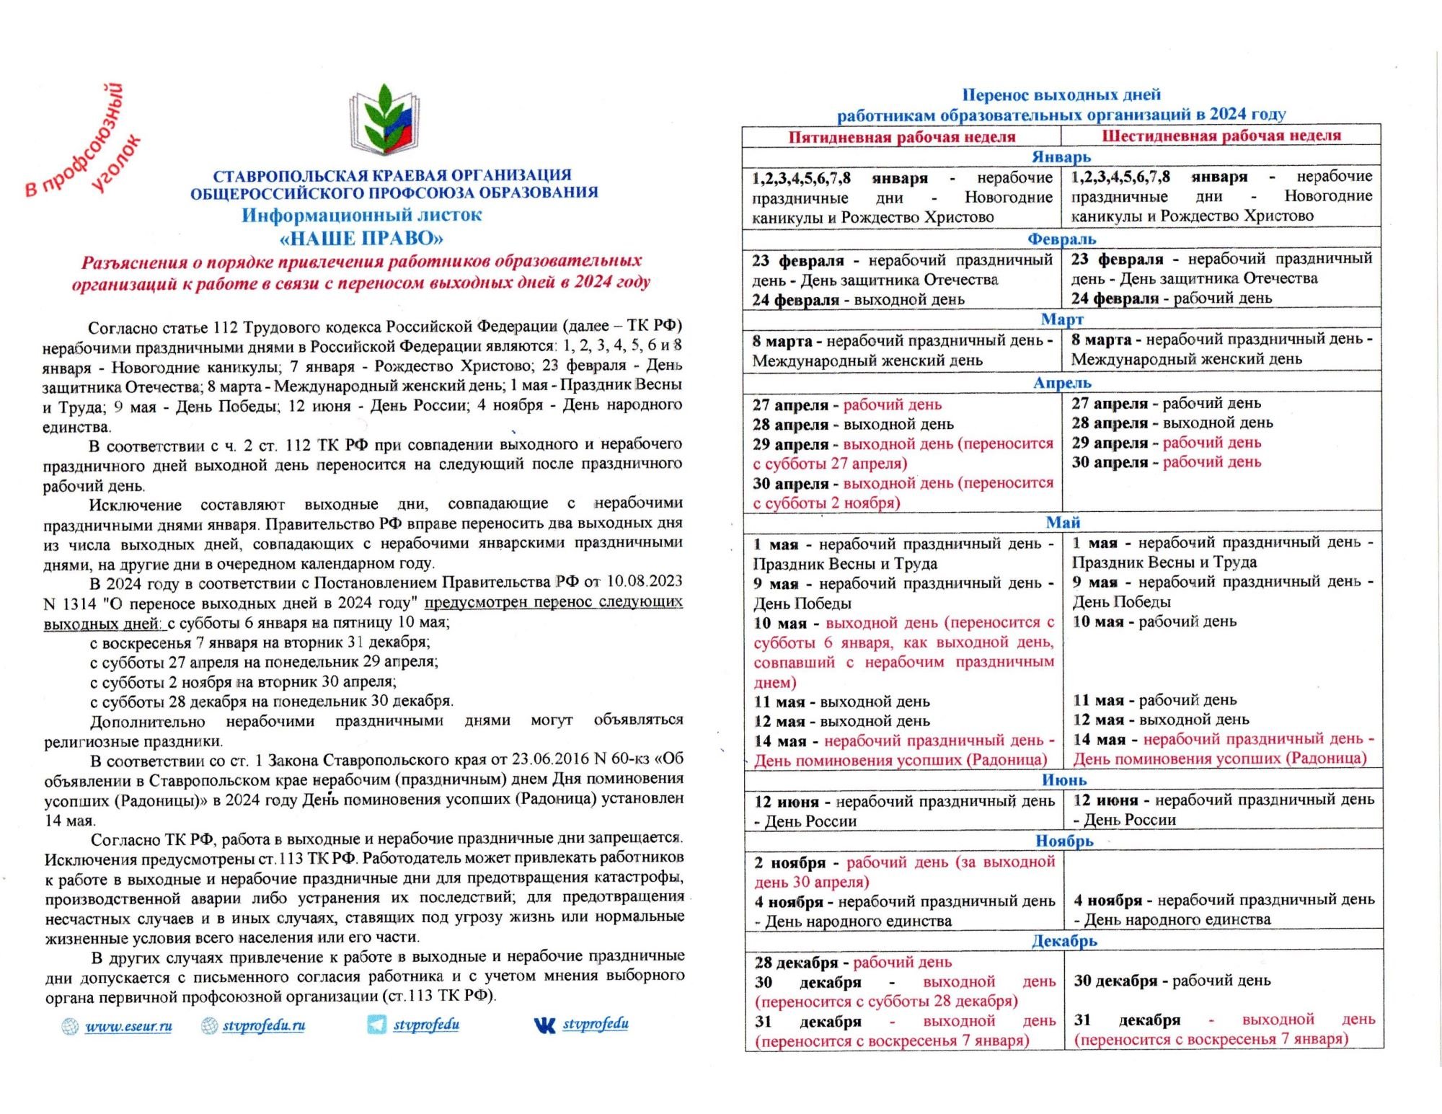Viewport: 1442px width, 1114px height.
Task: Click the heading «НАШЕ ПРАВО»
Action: (x=361, y=239)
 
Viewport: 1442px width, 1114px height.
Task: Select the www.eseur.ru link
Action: (x=128, y=1026)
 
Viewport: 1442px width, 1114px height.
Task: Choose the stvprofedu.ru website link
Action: (x=263, y=1026)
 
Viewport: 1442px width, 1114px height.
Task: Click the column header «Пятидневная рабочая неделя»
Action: (x=901, y=137)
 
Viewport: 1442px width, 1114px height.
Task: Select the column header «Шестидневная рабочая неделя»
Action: (x=1221, y=136)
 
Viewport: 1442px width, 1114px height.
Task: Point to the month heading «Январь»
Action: (x=1061, y=156)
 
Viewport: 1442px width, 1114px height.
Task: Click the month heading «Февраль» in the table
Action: (x=1061, y=239)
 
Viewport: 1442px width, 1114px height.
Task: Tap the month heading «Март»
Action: (x=1062, y=319)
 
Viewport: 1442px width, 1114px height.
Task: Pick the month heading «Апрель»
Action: (x=1062, y=383)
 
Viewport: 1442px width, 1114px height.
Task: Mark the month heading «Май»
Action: (x=1063, y=522)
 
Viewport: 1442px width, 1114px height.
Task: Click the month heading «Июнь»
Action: (x=1063, y=780)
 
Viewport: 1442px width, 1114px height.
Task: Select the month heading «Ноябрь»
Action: (x=1064, y=841)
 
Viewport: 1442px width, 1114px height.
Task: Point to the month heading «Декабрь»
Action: (x=1064, y=941)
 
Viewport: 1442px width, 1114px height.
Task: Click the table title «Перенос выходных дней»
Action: (x=1061, y=94)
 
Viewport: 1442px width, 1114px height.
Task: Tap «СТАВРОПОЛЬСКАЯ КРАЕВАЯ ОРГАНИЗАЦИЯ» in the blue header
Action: (x=392, y=175)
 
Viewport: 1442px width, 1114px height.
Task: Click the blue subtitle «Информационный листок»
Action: (x=361, y=215)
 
